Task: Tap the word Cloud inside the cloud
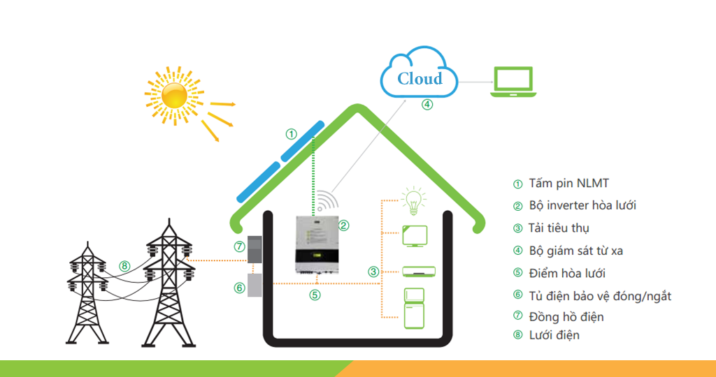coord(420,78)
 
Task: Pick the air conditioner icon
coord(419,271)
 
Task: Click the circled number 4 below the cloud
coord(427,105)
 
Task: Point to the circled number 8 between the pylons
coord(124,265)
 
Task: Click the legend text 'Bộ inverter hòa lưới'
coord(581,206)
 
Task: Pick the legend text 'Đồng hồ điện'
coord(566,317)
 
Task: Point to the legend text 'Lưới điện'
coord(554,335)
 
